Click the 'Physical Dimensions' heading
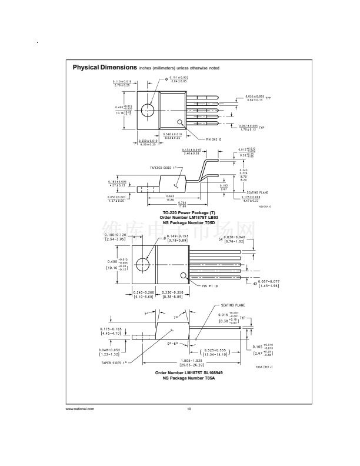click(x=105, y=68)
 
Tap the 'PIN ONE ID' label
click(x=201, y=140)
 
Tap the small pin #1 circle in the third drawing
click(x=184, y=275)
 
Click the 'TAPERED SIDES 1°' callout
click(x=163, y=168)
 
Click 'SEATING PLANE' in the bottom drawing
click(x=225, y=306)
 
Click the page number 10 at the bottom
click(x=189, y=409)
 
